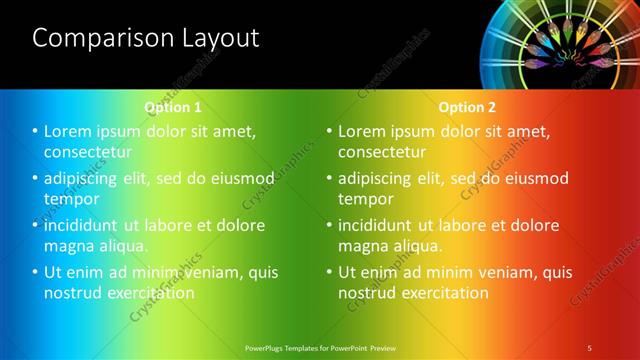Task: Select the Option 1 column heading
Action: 173,107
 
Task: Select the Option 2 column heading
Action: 467,107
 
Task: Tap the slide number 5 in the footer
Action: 589,347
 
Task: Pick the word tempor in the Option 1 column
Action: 72,199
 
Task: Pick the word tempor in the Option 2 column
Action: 366,199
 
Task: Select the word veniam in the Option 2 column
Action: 506,272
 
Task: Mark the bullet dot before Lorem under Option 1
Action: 35,131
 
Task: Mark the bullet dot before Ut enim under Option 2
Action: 329,272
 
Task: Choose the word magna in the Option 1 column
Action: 69,246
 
